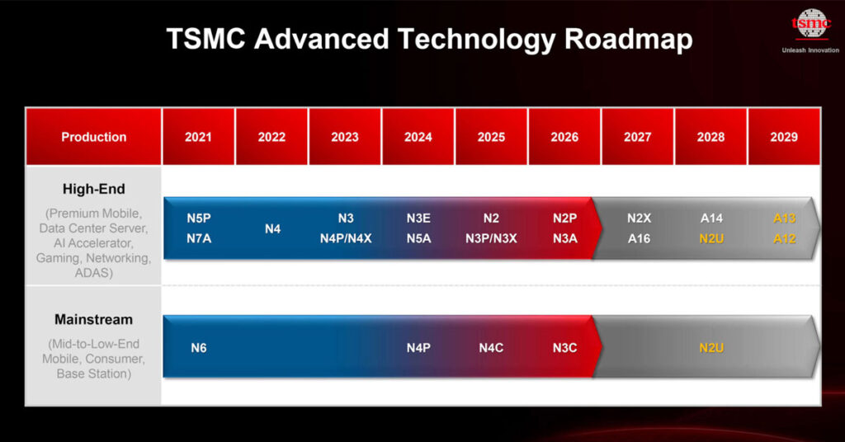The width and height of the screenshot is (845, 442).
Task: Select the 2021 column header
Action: pos(198,137)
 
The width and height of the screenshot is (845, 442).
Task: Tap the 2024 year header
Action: pos(418,137)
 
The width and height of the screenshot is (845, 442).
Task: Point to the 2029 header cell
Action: pos(783,137)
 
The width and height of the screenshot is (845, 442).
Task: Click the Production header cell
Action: pos(94,137)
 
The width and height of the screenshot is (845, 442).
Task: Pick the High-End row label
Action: pos(94,190)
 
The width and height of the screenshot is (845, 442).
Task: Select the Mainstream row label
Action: pos(93,319)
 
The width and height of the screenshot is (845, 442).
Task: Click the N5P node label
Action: pos(198,219)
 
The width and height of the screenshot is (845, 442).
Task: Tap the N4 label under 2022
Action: pos(272,228)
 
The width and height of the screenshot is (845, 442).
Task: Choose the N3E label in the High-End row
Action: pos(418,219)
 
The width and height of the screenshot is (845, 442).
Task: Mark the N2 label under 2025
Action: pos(491,219)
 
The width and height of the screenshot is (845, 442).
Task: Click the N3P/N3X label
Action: pos(491,238)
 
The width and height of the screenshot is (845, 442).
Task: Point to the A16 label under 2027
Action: pos(638,238)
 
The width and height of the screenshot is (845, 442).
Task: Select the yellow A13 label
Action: pos(784,219)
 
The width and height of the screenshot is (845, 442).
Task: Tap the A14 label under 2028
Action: pos(711,219)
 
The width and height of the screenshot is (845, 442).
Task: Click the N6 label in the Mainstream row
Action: pos(198,348)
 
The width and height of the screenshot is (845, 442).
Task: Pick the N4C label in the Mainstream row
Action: pos(491,348)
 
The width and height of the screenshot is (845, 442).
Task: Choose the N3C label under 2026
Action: pos(564,348)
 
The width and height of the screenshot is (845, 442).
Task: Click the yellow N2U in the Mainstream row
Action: pos(711,348)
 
